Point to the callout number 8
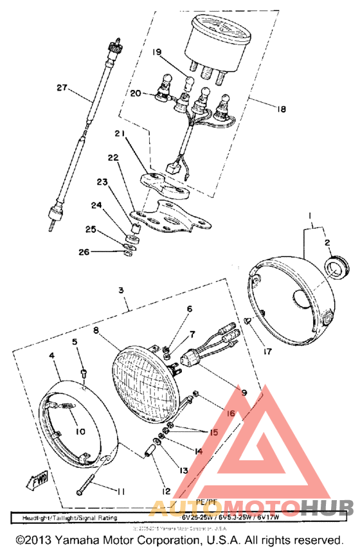[x=96, y=330]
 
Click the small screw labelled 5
[x=83, y=375]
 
